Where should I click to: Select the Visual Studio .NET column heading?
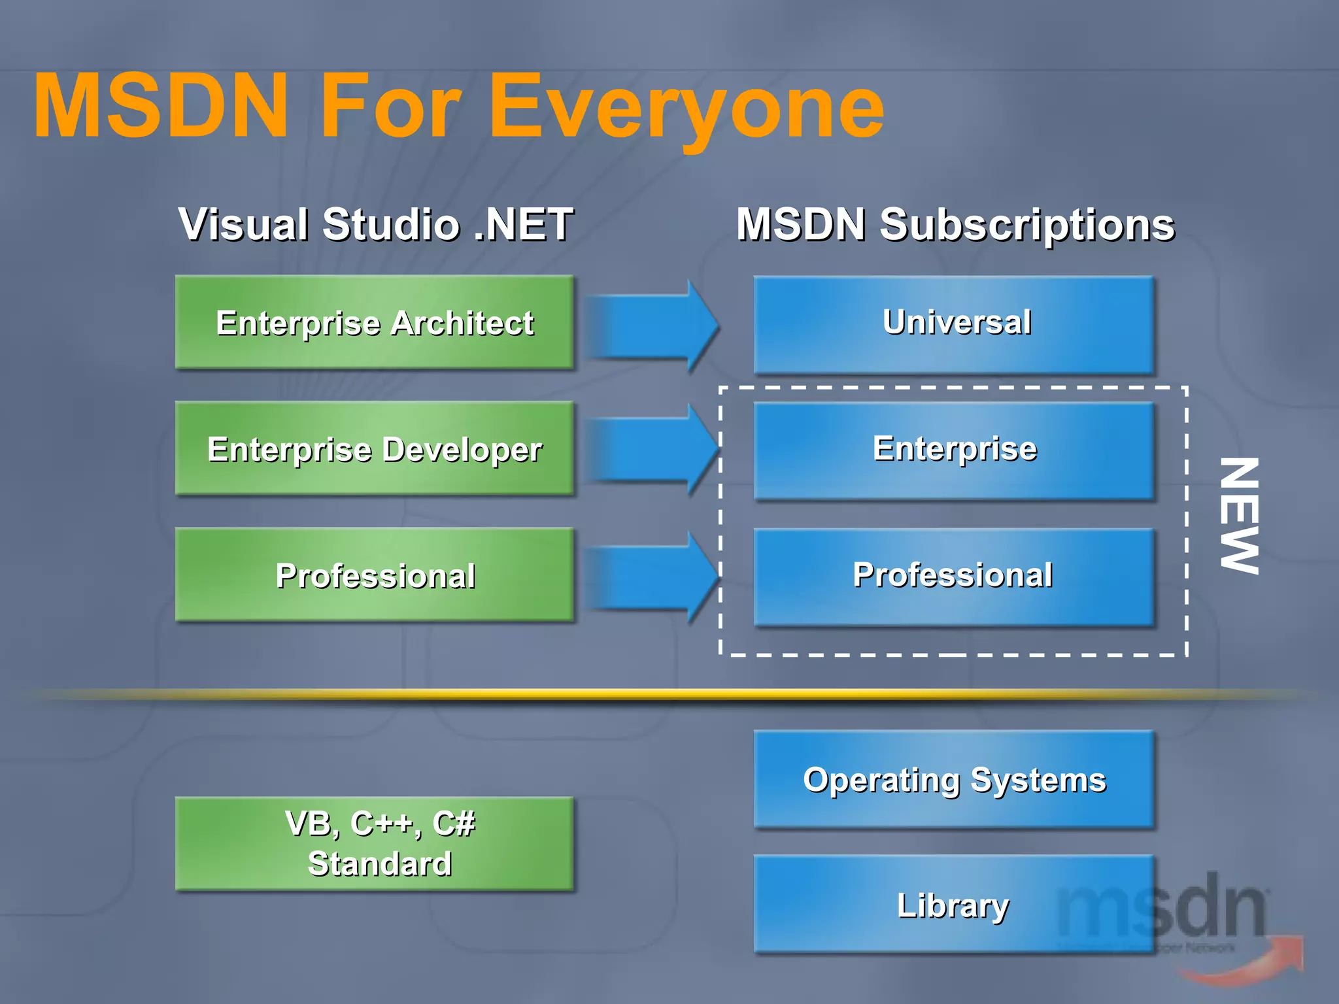pyautogui.click(x=376, y=224)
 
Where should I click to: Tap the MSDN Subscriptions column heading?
pyautogui.click(x=955, y=224)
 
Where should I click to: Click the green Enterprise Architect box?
pyautogui.click(x=375, y=323)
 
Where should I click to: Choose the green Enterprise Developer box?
pyautogui.click(x=375, y=449)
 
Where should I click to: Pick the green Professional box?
pyautogui.click(x=375, y=575)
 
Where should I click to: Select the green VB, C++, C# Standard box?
pyautogui.click(x=375, y=844)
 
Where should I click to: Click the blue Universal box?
pyautogui.click(x=954, y=324)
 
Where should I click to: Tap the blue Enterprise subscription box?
pyautogui.click(x=954, y=450)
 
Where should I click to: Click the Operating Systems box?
pyautogui.click(x=954, y=780)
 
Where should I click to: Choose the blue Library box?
pyautogui.click(x=915, y=905)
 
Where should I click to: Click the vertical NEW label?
pyautogui.click(x=1239, y=516)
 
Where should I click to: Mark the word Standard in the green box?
pyautogui.click(x=380, y=864)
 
